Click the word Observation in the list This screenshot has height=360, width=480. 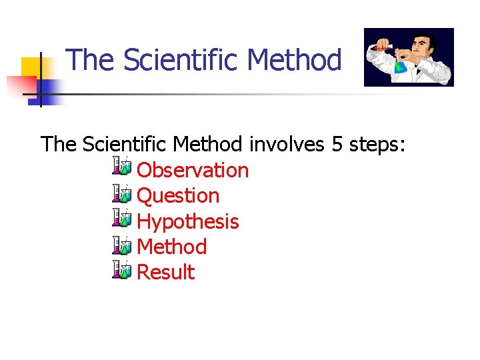[192, 170]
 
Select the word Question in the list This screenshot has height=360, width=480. [177, 195]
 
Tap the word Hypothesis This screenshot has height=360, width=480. [187, 221]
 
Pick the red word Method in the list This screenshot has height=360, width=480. [171, 247]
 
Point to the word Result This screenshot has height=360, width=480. [165, 272]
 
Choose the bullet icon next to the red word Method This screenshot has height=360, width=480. [123, 245]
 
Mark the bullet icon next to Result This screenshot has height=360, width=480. [123, 271]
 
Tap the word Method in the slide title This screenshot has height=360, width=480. [294, 60]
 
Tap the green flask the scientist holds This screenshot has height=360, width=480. [400, 66]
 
